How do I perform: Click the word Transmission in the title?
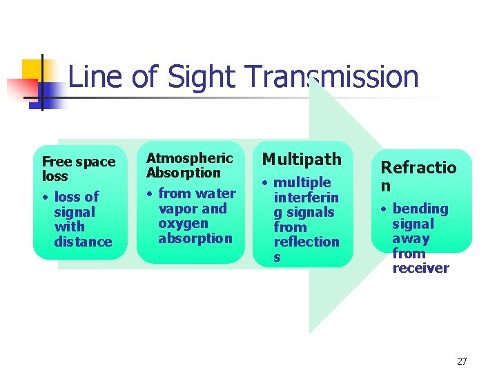click(x=331, y=77)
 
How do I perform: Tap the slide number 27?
click(x=462, y=361)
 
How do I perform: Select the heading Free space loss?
click(x=78, y=169)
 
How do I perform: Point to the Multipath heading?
click(x=302, y=160)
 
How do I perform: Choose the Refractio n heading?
click(x=418, y=176)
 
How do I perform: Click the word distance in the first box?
click(x=83, y=242)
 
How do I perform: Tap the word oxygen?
click(x=183, y=223)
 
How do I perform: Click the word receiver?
click(x=420, y=268)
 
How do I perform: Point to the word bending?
click(x=420, y=209)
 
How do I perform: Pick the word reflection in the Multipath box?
click(x=306, y=242)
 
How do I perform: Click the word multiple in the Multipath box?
click(x=302, y=182)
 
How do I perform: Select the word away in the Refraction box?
click(x=411, y=239)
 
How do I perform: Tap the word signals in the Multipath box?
click(x=304, y=212)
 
